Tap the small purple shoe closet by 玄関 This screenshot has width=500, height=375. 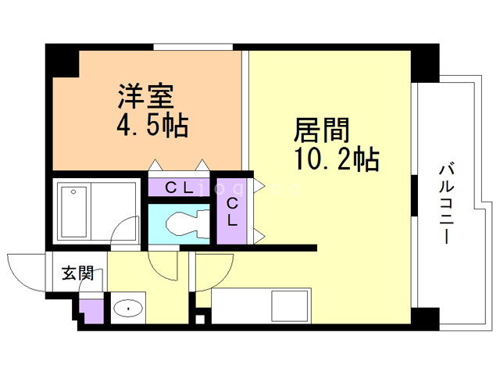click(92, 310)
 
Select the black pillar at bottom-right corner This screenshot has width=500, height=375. click(425, 318)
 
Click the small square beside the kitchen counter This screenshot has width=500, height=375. click(200, 318)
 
